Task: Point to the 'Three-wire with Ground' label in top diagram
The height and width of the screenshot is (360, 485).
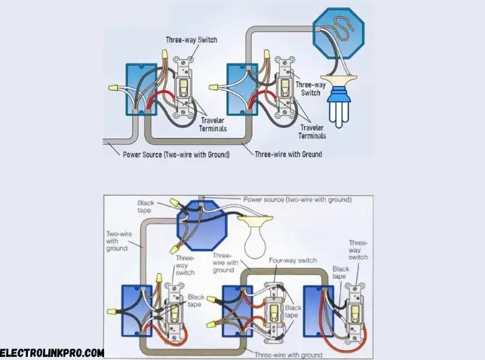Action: pyautogui.click(x=288, y=154)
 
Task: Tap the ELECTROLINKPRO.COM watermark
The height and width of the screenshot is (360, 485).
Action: pyautogui.click(x=51, y=352)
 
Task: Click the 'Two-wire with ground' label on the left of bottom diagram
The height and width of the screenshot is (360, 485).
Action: pyautogui.click(x=118, y=241)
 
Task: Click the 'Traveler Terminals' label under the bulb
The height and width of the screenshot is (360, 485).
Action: pyautogui.click(x=312, y=132)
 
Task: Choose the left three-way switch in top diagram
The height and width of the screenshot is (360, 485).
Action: pyautogui.click(x=182, y=90)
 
